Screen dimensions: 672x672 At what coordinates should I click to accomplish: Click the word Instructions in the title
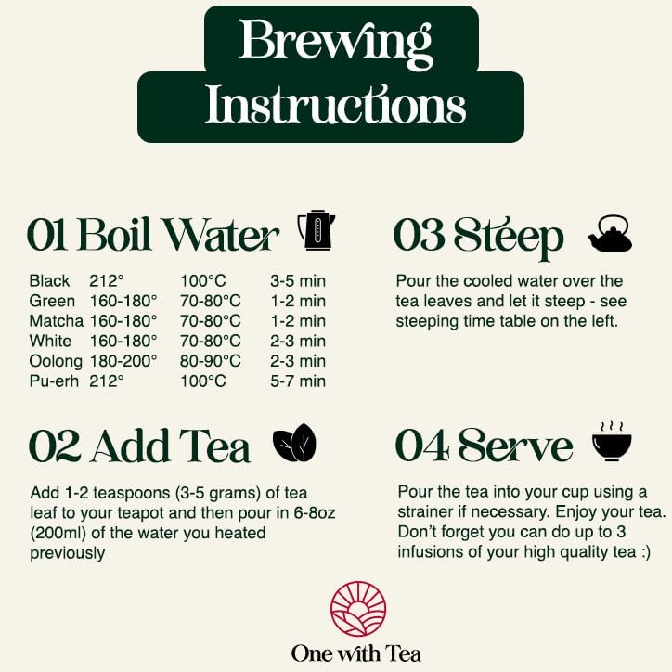point(335,105)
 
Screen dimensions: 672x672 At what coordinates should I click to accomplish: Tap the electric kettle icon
point(316,230)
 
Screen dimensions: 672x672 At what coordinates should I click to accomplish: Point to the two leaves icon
point(295,446)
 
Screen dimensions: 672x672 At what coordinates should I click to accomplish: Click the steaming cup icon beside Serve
point(612,442)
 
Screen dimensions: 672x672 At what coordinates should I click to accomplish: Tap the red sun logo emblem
point(357,607)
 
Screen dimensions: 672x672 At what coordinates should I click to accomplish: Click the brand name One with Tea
point(356,653)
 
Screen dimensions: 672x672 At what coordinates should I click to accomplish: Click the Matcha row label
point(56,321)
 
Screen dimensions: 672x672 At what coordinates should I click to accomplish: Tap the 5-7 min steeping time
point(298,381)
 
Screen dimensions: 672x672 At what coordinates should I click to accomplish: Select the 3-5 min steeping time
point(298,280)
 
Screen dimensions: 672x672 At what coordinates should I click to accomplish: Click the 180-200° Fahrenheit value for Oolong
point(123,360)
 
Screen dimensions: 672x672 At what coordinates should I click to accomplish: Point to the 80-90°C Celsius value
point(211,360)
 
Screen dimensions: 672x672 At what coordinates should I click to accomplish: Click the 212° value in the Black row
point(107,280)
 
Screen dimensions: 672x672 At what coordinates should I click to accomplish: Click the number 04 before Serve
point(422,446)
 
